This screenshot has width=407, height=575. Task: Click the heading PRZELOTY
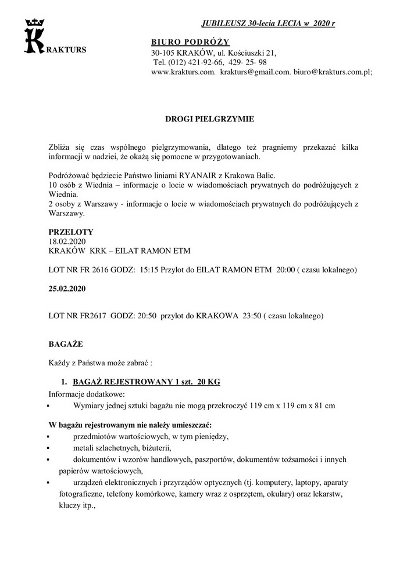coord(71,232)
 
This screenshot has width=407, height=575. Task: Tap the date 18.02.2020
coord(69,241)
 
